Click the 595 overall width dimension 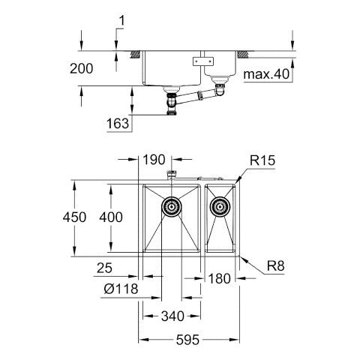tap(187, 340)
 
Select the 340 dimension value tap(172, 316)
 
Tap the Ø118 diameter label tap(121, 289)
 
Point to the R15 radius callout tap(262, 160)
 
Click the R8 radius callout tap(276, 266)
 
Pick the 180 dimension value tap(219, 278)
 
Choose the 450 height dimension tap(74, 217)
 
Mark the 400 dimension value tap(111, 217)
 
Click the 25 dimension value tap(104, 268)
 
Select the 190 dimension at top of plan tap(154, 160)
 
